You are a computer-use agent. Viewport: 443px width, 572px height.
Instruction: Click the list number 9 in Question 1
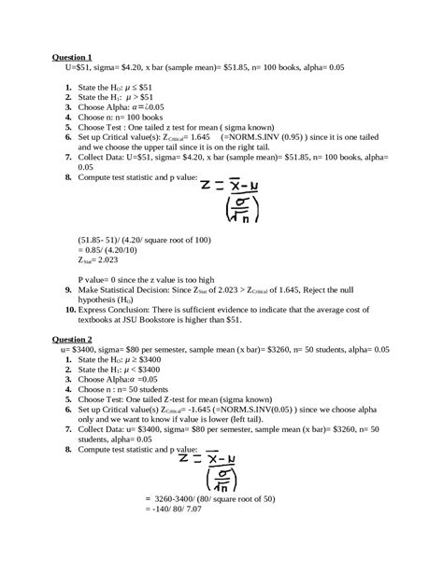[x=72, y=288]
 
